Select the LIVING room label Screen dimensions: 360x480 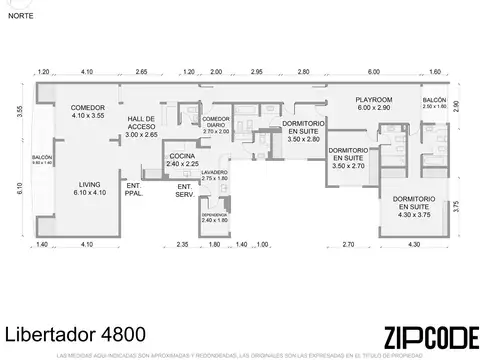[89, 188]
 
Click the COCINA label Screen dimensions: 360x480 [181, 159]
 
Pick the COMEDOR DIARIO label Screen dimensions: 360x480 [215, 123]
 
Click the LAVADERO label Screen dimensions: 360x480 [214, 174]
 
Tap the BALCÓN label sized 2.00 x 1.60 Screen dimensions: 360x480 [434, 103]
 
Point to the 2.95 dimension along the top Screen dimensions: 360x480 [257, 72]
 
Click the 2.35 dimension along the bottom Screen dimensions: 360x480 [182, 245]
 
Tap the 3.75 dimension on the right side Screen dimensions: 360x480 [456, 206]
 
